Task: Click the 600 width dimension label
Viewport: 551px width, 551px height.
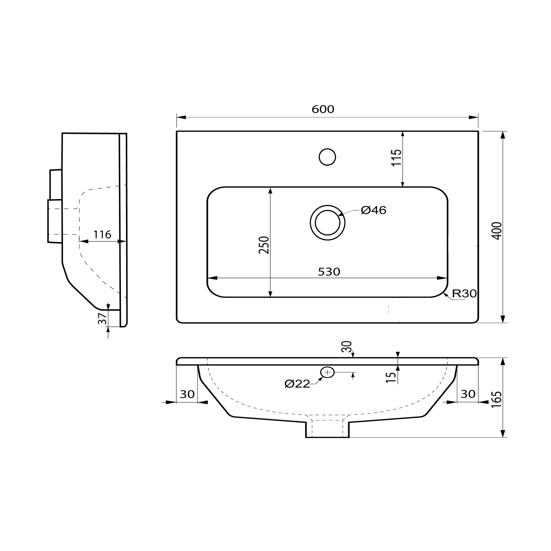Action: pyautogui.click(x=323, y=109)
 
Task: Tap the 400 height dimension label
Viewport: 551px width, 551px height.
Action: pyautogui.click(x=498, y=231)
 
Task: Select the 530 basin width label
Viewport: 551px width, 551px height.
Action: pyautogui.click(x=329, y=272)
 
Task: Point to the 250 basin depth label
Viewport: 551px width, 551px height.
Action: pyautogui.click(x=264, y=245)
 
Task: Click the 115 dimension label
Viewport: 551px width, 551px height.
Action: pyautogui.click(x=397, y=158)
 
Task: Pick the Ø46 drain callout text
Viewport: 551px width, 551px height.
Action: pyautogui.click(x=374, y=210)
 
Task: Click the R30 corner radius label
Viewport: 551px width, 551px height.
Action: pyautogui.click(x=464, y=294)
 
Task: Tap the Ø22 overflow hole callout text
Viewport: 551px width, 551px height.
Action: pyautogui.click(x=298, y=384)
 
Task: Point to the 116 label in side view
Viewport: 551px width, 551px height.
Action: pyautogui.click(x=102, y=235)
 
